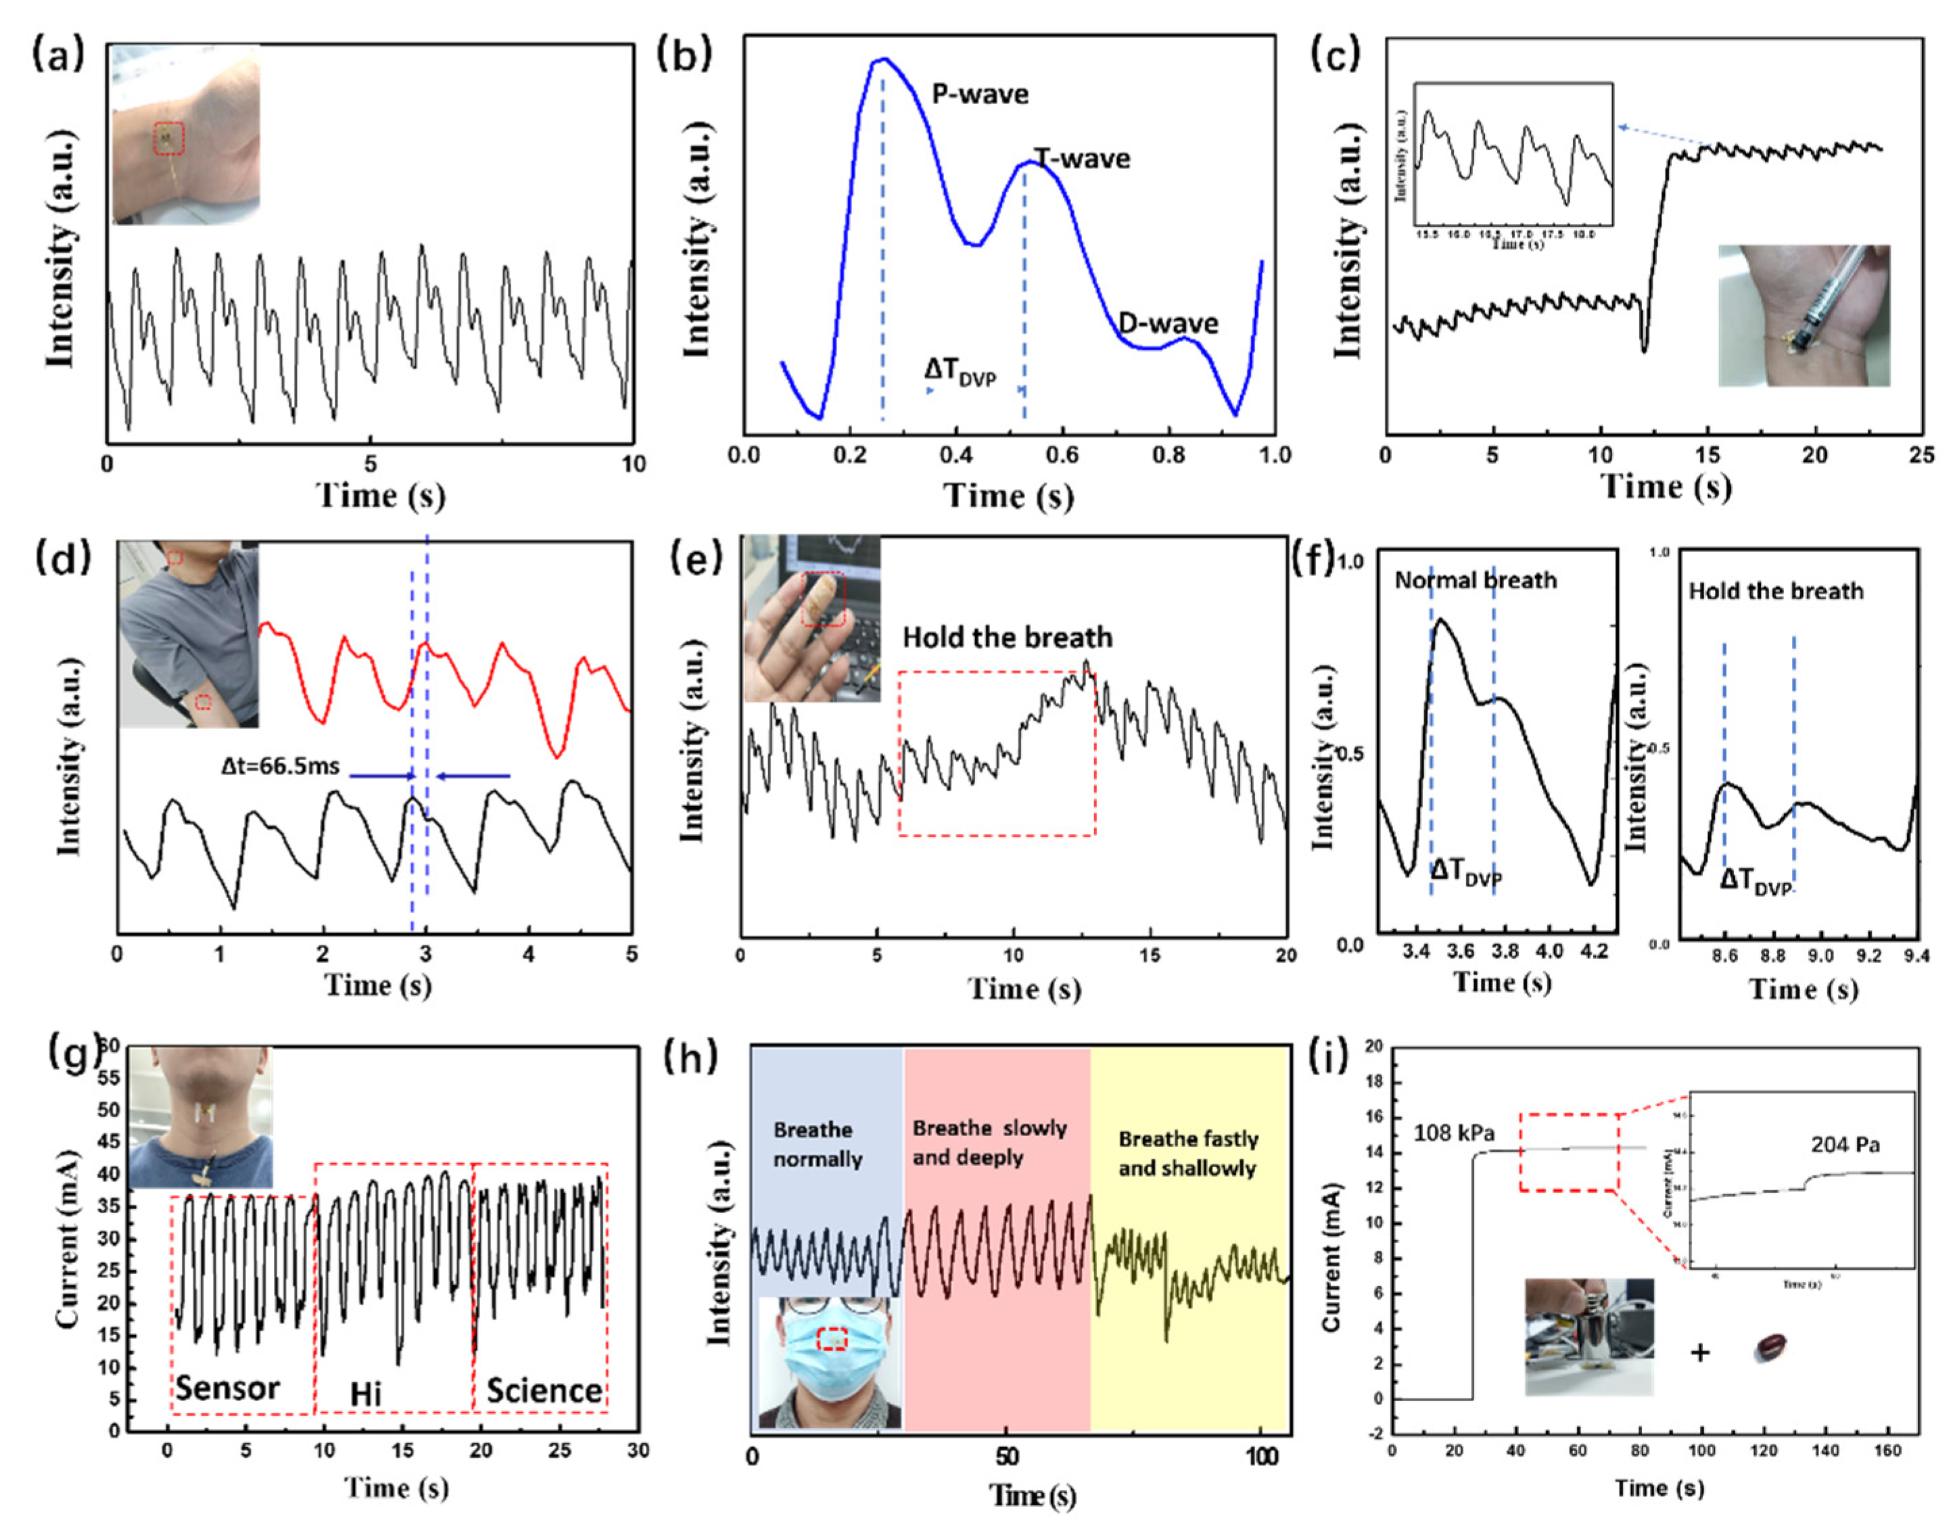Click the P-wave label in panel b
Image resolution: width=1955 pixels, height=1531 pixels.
(x=980, y=94)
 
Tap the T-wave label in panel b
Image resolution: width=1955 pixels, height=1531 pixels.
(x=1083, y=159)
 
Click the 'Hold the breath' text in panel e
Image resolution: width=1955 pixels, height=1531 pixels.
(x=1007, y=637)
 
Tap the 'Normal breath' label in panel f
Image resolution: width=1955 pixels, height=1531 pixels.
(x=1475, y=580)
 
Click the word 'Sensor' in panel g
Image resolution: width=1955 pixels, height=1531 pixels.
(x=228, y=1388)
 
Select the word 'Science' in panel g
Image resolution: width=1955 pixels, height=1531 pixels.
(x=544, y=1390)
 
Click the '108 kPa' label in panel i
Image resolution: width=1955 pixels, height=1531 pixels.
(x=1454, y=1133)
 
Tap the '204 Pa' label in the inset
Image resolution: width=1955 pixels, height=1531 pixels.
(x=1845, y=1145)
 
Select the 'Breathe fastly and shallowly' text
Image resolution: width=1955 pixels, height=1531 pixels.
(x=1187, y=1153)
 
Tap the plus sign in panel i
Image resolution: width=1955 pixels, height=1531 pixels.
(x=1699, y=1351)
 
